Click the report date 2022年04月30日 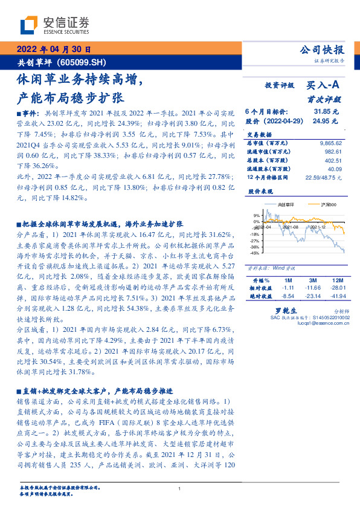(x=53, y=50)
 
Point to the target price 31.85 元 (x=326, y=112)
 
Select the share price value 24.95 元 (x=326, y=122)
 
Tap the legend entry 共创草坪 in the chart (x=280, y=206)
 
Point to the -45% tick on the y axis (x=256, y=253)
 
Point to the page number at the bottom (x=180, y=488)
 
